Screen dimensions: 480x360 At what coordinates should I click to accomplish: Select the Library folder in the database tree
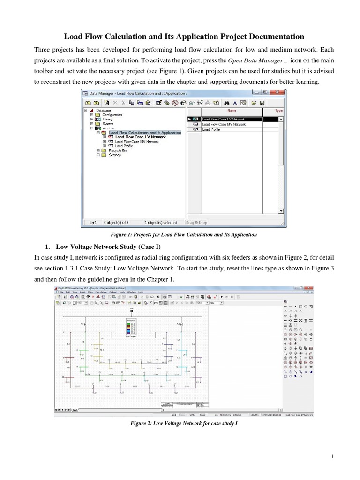click(x=107, y=119)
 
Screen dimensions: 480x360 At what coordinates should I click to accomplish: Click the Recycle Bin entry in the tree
click(x=118, y=150)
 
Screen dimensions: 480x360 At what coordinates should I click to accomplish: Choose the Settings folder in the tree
click(x=115, y=155)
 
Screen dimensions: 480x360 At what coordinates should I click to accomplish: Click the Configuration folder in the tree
click(x=112, y=115)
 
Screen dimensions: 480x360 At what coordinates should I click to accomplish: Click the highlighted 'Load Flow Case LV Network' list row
click(x=224, y=120)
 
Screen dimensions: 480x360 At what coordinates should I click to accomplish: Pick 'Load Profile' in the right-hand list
click(x=211, y=130)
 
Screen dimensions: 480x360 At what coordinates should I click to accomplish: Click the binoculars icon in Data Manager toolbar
click(x=226, y=103)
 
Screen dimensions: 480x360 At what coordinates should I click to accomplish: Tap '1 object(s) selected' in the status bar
click(x=160, y=223)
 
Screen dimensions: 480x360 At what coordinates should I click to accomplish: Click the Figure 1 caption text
click(x=180, y=234)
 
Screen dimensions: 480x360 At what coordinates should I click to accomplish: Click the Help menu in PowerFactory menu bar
click(x=140, y=292)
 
